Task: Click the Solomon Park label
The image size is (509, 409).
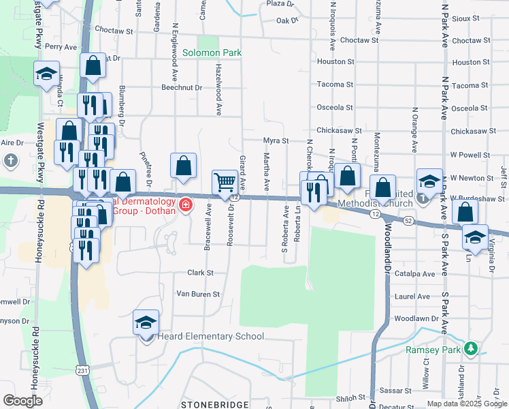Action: click(x=212, y=52)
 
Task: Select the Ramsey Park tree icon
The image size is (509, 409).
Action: click(x=470, y=349)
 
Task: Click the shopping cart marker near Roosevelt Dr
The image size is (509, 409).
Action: click(x=225, y=182)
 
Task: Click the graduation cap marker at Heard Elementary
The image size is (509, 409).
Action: click(x=146, y=322)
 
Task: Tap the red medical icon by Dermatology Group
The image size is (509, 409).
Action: click(x=185, y=204)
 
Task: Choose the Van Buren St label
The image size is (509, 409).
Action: click(x=198, y=294)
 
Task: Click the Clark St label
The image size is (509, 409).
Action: click(x=200, y=273)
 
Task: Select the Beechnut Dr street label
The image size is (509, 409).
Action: click(x=181, y=87)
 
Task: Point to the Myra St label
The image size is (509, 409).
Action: click(x=276, y=140)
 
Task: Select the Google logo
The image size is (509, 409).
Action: click(x=22, y=400)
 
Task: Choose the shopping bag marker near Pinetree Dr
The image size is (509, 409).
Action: click(x=184, y=165)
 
